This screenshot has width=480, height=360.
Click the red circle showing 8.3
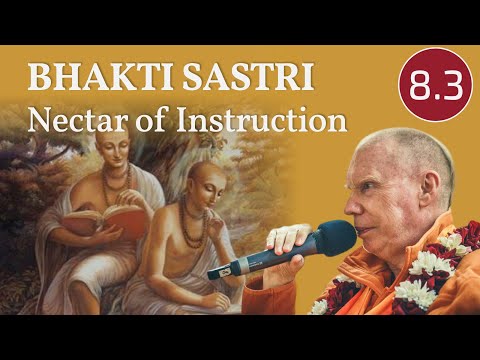point(436,87)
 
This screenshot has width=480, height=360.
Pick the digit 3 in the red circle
point(448,88)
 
